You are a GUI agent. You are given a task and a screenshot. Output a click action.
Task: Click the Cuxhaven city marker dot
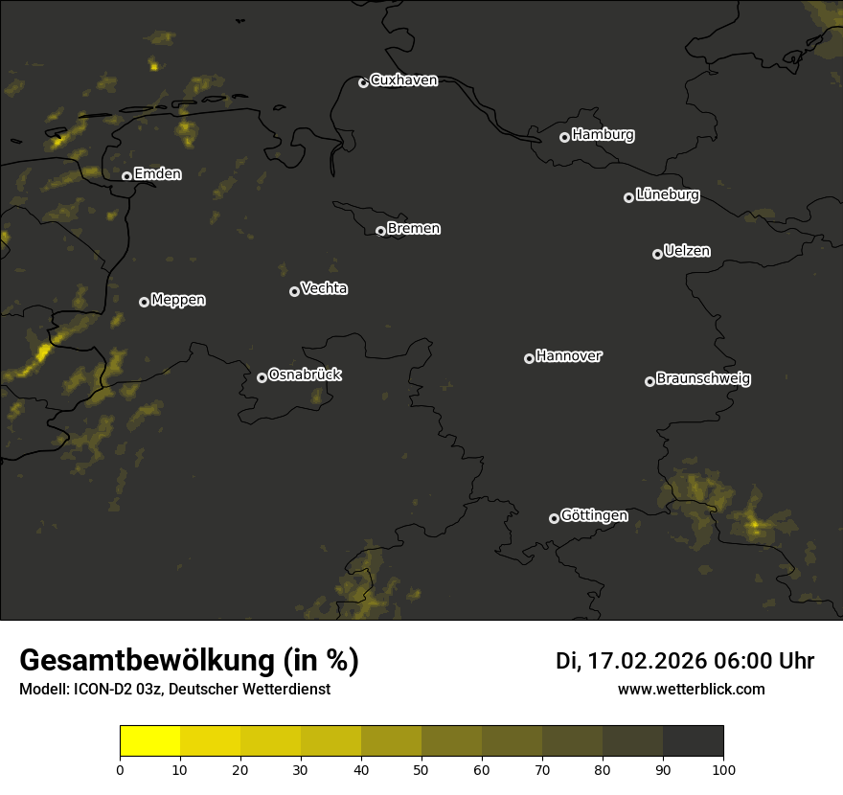(x=363, y=82)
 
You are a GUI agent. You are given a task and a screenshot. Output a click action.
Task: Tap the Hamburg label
(x=603, y=135)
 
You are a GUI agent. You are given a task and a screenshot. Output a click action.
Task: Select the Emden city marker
(x=126, y=176)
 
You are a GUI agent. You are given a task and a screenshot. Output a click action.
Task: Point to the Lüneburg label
(x=667, y=195)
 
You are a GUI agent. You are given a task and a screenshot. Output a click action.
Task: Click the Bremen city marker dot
(x=380, y=231)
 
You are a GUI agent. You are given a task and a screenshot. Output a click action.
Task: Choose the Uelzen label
(x=687, y=251)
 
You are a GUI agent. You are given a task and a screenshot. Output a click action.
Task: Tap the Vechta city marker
(x=294, y=291)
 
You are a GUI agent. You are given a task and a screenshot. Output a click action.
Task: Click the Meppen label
(x=178, y=300)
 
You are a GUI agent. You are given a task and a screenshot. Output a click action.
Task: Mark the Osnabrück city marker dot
(x=262, y=377)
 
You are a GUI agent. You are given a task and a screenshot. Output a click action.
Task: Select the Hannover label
(x=569, y=356)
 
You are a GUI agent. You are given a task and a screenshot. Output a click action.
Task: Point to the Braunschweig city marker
(x=649, y=381)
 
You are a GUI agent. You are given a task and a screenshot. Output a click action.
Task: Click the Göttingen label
(x=594, y=516)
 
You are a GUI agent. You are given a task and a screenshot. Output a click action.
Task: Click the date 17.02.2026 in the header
(x=647, y=661)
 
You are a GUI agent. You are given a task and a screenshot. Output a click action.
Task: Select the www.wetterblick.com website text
(x=691, y=690)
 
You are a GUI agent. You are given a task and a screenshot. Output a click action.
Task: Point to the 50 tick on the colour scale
(x=421, y=769)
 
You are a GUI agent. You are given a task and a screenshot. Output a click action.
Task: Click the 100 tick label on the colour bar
(x=723, y=769)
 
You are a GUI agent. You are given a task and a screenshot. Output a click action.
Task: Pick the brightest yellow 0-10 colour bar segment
(x=150, y=741)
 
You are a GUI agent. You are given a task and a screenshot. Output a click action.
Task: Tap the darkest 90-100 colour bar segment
(x=693, y=741)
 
